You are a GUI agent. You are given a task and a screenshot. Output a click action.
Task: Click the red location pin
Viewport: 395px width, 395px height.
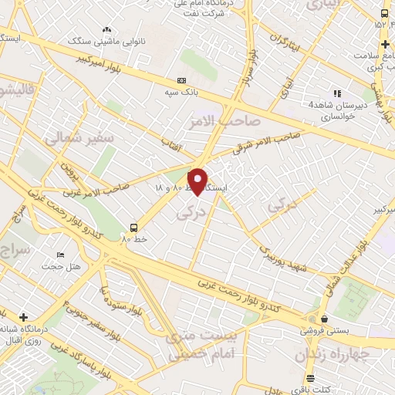(x=198, y=181)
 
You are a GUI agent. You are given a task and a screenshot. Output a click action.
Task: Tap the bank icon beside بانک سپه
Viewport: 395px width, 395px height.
(x=182, y=80)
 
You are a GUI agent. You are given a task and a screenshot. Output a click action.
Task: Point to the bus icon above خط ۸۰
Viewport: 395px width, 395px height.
(x=134, y=228)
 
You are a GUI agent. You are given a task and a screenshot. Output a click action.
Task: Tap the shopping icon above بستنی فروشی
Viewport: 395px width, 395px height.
(x=324, y=319)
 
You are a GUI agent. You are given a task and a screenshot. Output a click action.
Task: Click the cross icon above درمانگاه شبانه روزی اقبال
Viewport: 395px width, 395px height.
(x=24, y=316)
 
